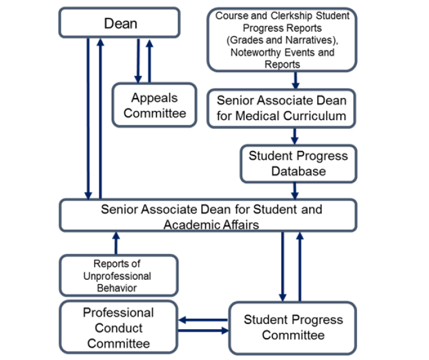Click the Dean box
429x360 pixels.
tap(119, 23)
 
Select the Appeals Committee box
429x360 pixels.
tap(155, 105)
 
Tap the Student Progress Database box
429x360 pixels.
tap(298, 163)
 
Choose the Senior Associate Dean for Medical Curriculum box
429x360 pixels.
tap(281, 108)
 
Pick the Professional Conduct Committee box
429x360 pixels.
tap(119, 328)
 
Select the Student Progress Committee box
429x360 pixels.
tap(293, 327)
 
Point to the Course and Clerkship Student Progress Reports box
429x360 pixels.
tap(281, 39)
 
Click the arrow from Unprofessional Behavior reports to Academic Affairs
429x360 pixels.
tap(114, 243)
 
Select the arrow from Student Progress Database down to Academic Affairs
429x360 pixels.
tap(295, 191)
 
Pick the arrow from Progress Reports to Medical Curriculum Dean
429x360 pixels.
tap(295, 80)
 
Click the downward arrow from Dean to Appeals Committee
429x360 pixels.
tap(138, 60)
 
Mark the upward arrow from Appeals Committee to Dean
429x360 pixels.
tap(150, 60)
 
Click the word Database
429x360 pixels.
tap(298, 171)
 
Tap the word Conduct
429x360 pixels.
tap(119, 328)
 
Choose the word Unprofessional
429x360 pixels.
tap(117, 276)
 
